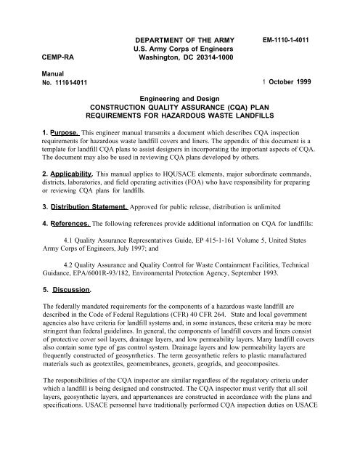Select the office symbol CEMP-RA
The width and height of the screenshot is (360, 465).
pyautogui.click(x=41, y=54)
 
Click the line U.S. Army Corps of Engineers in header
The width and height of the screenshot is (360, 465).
pyautogui.click(x=179, y=43)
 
